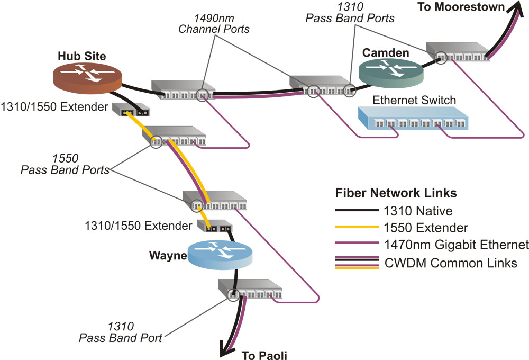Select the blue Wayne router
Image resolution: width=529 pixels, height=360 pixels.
(220, 255)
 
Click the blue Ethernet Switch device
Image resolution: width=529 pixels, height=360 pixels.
(415, 120)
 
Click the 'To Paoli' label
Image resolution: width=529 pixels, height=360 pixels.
(264, 354)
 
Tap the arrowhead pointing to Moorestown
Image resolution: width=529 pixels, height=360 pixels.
(512, 10)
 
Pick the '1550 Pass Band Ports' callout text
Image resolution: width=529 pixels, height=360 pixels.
(65, 164)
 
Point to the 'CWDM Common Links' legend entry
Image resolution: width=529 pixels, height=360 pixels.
(449, 263)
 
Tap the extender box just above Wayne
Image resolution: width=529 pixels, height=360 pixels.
(215, 227)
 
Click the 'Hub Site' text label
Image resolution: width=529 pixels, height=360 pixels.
(82, 56)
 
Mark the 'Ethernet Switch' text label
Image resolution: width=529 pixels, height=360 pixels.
(414, 100)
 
